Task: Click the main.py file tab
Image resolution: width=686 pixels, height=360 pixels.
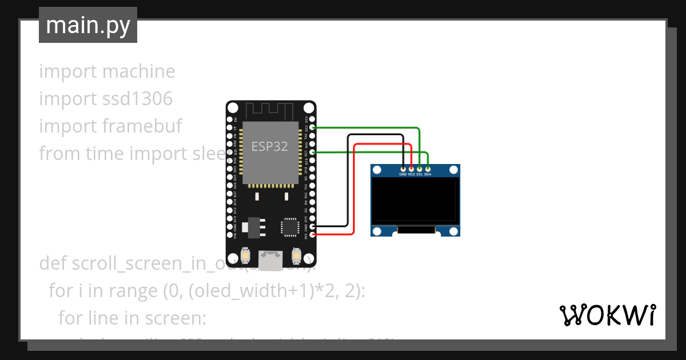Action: pyautogui.click(x=87, y=26)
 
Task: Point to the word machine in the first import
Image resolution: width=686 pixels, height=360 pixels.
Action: pyautogui.click(x=138, y=71)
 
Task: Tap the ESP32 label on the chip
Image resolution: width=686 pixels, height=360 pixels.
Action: pyautogui.click(x=270, y=146)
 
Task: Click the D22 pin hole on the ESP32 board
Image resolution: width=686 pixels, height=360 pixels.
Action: pyautogui.click(x=313, y=128)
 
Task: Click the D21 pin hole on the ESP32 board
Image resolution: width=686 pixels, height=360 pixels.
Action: pyautogui.click(x=313, y=153)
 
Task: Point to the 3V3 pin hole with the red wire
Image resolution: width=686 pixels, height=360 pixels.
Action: pyautogui.click(x=313, y=234)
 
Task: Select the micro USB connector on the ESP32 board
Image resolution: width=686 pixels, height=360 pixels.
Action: pyautogui.click(x=270, y=260)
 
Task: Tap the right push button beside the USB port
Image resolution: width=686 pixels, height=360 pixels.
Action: pyautogui.click(x=296, y=254)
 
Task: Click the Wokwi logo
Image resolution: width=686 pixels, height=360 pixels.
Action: pyautogui.click(x=607, y=315)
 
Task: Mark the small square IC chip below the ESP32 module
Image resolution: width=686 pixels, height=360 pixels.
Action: pyautogui.click(x=289, y=226)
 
